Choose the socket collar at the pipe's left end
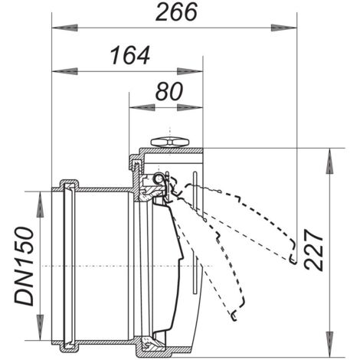(67, 264)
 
